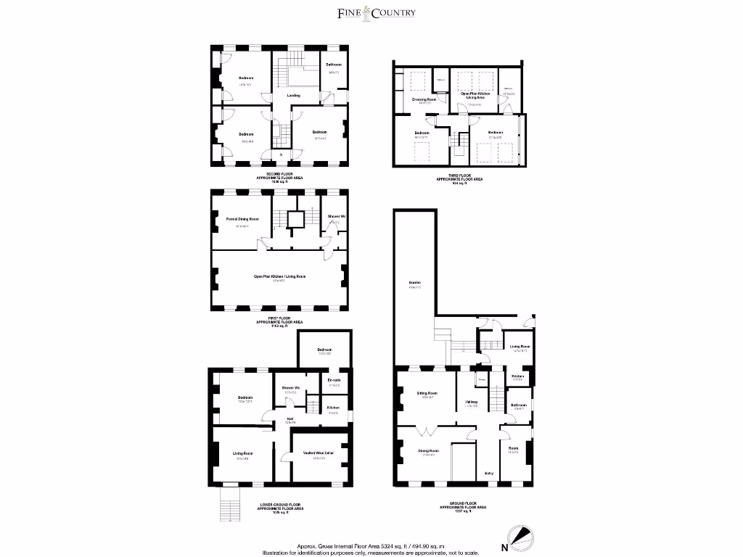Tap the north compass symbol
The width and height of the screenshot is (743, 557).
[x=519, y=538]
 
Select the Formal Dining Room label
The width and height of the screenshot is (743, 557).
[x=242, y=218]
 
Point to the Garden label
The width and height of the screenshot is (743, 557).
[x=414, y=283]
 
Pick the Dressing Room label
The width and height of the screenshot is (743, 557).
[x=424, y=99]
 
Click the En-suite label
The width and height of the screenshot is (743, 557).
[x=334, y=380]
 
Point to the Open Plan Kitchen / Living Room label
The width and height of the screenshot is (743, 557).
[x=279, y=276]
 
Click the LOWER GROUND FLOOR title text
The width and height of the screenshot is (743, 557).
[x=279, y=505]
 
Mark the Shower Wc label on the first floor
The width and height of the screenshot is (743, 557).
[x=335, y=217]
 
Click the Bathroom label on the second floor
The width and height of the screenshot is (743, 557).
[x=334, y=65]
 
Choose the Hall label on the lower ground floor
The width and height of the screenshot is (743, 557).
[x=289, y=418]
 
